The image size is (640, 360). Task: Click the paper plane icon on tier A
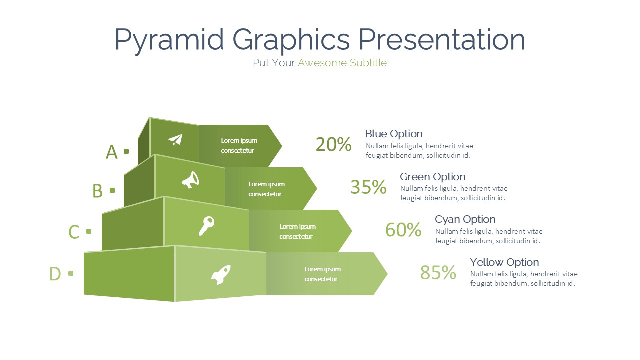tap(175, 140)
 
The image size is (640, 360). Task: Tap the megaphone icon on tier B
tap(191, 180)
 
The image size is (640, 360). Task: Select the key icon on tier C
tap(206, 226)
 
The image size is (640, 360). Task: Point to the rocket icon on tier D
tap(221, 275)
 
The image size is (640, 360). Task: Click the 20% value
tap(333, 144)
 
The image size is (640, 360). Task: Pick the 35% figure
tap(368, 187)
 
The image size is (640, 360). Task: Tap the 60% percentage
tap(403, 229)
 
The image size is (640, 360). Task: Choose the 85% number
tap(438, 272)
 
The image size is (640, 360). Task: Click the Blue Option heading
tap(394, 134)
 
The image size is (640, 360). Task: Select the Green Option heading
tap(433, 177)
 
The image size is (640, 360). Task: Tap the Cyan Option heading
tap(465, 219)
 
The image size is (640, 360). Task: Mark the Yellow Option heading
tap(505, 262)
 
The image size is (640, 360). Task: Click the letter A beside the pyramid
tap(111, 152)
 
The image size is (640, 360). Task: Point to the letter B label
tap(97, 191)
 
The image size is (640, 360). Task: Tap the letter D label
tap(55, 274)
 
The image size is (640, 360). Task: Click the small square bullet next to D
tap(71, 273)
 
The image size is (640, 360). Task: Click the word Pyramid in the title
tap(169, 40)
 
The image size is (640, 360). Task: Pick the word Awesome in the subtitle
tap(323, 63)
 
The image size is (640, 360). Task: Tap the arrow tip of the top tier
tap(282, 146)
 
